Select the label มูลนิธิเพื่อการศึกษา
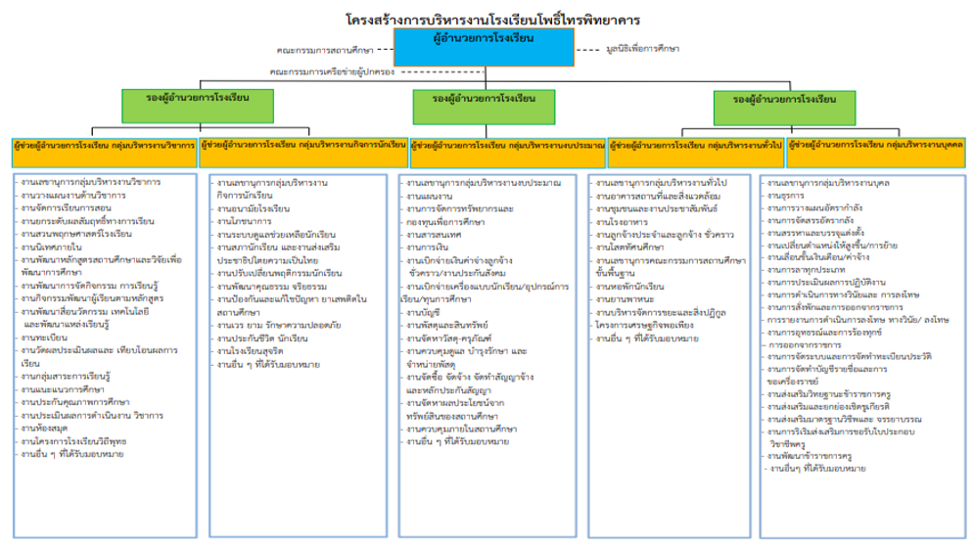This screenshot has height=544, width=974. point(636,48)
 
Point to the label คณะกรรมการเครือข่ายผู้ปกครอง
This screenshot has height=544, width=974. point(332,70)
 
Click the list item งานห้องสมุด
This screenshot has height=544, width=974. point(47,429)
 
